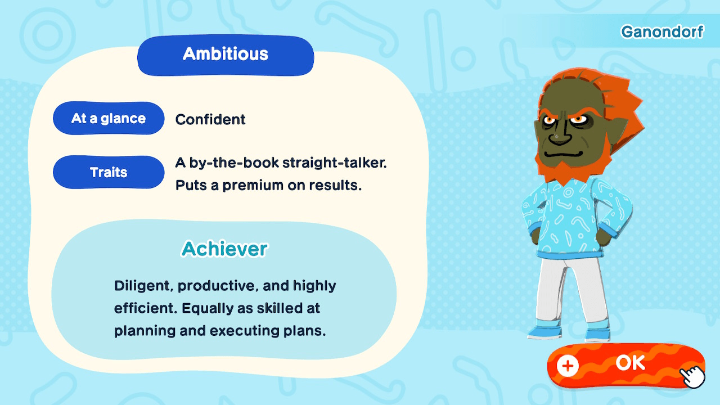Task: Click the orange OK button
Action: click(624, 364)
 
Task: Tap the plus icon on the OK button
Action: click(568, 366)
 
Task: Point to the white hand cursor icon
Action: click(692, 376)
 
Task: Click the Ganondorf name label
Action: click(661, 32)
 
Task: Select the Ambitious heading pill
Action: click(226, 55)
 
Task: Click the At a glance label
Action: click(109, 119)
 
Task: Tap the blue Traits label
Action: click(109, 172)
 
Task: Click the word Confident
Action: click(210, 119)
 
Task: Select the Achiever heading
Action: click(224, 249)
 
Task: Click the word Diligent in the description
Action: click(143, 286)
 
